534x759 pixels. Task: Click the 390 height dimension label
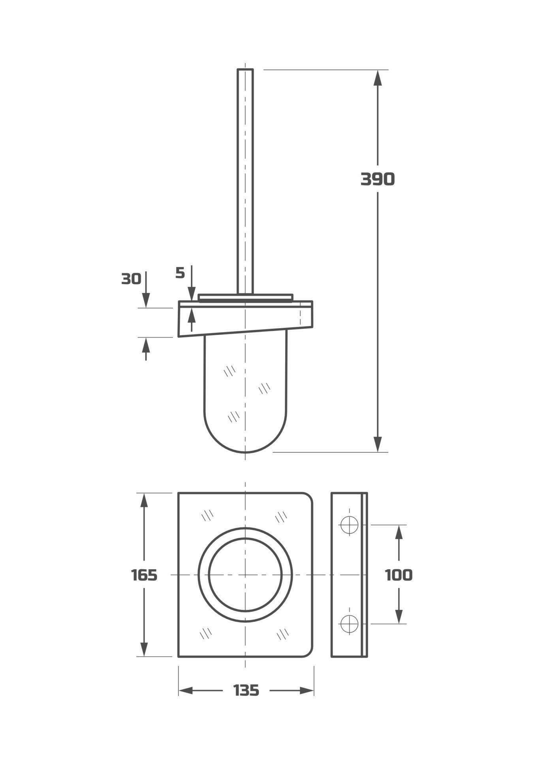pos(378,179)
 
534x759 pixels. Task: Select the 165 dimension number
pos(144,575)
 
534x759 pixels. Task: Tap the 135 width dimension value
pos(246,690)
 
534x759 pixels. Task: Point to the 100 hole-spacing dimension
pos(399,575)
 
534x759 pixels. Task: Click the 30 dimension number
pos(131,279)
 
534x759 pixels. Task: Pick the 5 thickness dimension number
pos(180,273)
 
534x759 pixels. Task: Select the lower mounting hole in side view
pos(349,623)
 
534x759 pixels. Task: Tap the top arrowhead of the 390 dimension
pos(378,77)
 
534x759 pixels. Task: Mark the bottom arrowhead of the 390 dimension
pos(378,444)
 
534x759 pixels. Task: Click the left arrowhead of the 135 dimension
pos(186,691)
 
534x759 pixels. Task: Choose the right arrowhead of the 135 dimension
pos(307,691)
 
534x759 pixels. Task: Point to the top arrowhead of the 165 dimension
pos(144,500)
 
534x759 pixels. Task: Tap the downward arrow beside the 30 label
pos(146,300)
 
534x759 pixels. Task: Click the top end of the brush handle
pos(245,70)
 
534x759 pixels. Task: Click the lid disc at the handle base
pos(245,297)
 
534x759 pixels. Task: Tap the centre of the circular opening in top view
pos(245,574)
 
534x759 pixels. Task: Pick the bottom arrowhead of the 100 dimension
pos(399,616)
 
